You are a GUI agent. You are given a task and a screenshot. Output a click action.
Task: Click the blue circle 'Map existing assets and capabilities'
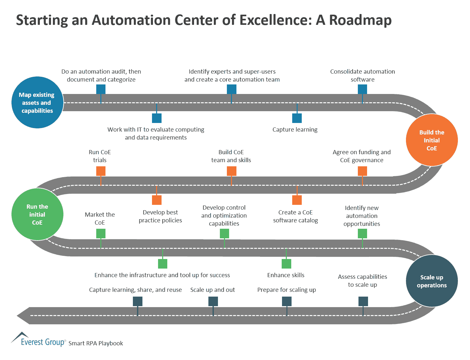pyautogui.click(x=37, y=103)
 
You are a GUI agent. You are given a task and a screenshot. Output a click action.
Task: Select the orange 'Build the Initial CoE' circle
pyautogui.click(x=432, y=140)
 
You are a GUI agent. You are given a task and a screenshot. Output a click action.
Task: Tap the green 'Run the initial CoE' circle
pyautogui.click(x=37, y=214)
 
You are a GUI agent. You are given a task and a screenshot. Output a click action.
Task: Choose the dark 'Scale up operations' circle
pyautogui.click(x=432, y=281)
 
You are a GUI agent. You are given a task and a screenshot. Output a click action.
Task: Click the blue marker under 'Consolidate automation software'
pyautogui.click(x=362, y=89)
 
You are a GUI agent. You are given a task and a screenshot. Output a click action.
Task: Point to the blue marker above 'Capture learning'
pyautogui.click(x=297, y=118)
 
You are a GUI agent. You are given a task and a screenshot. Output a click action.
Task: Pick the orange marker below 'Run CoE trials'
pyautogui.click(x=101, y=171)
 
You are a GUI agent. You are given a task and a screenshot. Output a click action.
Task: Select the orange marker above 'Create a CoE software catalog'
pyautogui.click(x=297, y=200)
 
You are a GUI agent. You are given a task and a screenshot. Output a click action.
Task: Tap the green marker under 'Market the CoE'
pyautogui.click(x=101, y=234)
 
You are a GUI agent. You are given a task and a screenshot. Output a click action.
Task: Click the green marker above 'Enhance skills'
pyautogui.click(x=286, y=264)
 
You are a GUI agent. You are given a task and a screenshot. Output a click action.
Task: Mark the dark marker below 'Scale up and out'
pyautogui.click(x=213, y=301)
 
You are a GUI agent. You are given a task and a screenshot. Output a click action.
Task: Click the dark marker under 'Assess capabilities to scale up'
pyautogui.click(x=363, y=301)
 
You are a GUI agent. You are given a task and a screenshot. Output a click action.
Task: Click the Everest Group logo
pyautogui.click(x=38, y=340)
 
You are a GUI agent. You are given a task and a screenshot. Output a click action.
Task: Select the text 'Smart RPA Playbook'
pyautogui.click(x=96, y=343)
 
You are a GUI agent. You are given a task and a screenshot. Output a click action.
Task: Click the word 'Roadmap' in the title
pyautogui.click(x=360, y=20)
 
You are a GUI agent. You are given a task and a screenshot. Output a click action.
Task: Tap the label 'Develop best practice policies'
pyautogui.click(x=160, y=216)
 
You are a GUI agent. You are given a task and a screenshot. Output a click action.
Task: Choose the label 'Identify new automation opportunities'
pyautogui.click(x=362, y=216)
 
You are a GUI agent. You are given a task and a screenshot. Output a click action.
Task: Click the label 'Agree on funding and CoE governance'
pyautogui.click(x=362, y=156)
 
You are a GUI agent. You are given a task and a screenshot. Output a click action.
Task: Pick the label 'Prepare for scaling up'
pyautogui.click(x=286, y=290)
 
